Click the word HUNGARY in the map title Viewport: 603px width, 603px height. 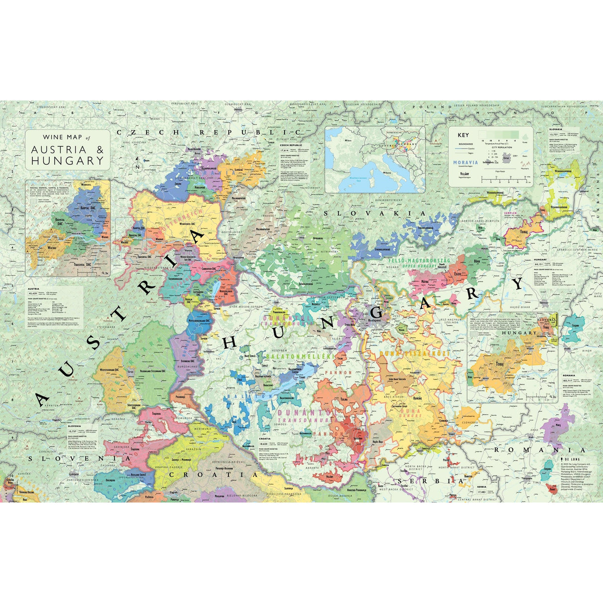pyautogui.click(x=68, y=161)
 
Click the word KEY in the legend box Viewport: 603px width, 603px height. pyautogui.click(x=462, y=135)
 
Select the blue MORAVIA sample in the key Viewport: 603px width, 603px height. pyautogui.click(x=465, y=162)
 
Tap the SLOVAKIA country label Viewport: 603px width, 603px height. pyautogui.click(x=375, y=213)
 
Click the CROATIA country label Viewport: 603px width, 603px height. pyautogui.click(x=214, y=474)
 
